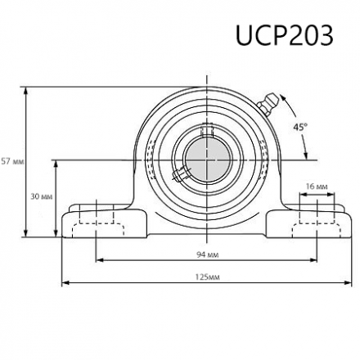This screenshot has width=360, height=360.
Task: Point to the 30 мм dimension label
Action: coord(40,197)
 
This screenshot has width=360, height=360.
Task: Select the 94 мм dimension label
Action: coord(206,254)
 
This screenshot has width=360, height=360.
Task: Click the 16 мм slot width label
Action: coord(316,187)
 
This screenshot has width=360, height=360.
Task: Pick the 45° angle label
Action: coord(300,127)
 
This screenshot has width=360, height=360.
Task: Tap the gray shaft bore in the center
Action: coord(205,155)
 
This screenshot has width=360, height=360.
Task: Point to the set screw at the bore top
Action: coord(206,129)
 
